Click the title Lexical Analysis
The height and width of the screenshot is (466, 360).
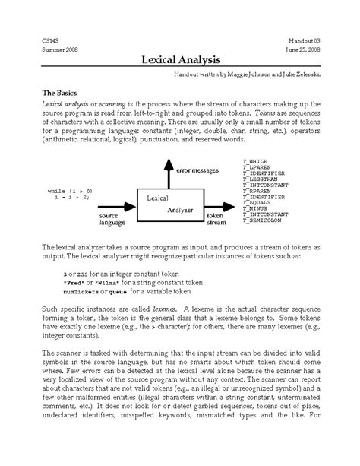coord(180,60)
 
